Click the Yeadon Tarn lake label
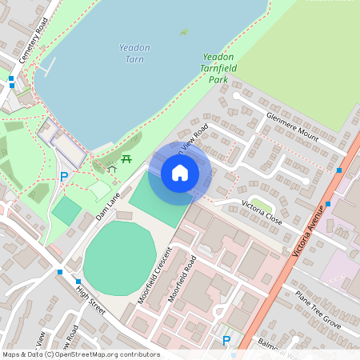(134, 54)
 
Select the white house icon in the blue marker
(180, 172)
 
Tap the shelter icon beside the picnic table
(112, 168)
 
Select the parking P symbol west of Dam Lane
(63, 177)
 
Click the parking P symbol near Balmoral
(226, 341)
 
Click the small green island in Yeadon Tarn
(185, 32)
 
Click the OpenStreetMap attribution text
(81, 354)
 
